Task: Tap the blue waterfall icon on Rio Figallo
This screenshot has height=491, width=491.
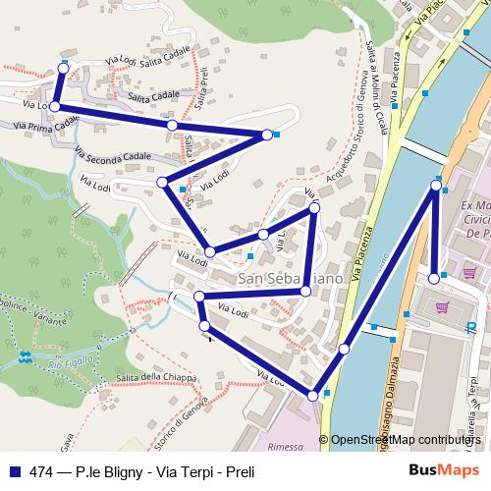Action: tap(25, 355)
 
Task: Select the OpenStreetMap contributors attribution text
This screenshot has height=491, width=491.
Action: tap(403, 440)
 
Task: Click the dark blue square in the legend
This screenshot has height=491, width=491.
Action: tap(11, 471)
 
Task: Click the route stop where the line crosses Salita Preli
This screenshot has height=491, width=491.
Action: tap(172, 126)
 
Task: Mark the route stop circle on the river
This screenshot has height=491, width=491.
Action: tap(345, 349)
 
